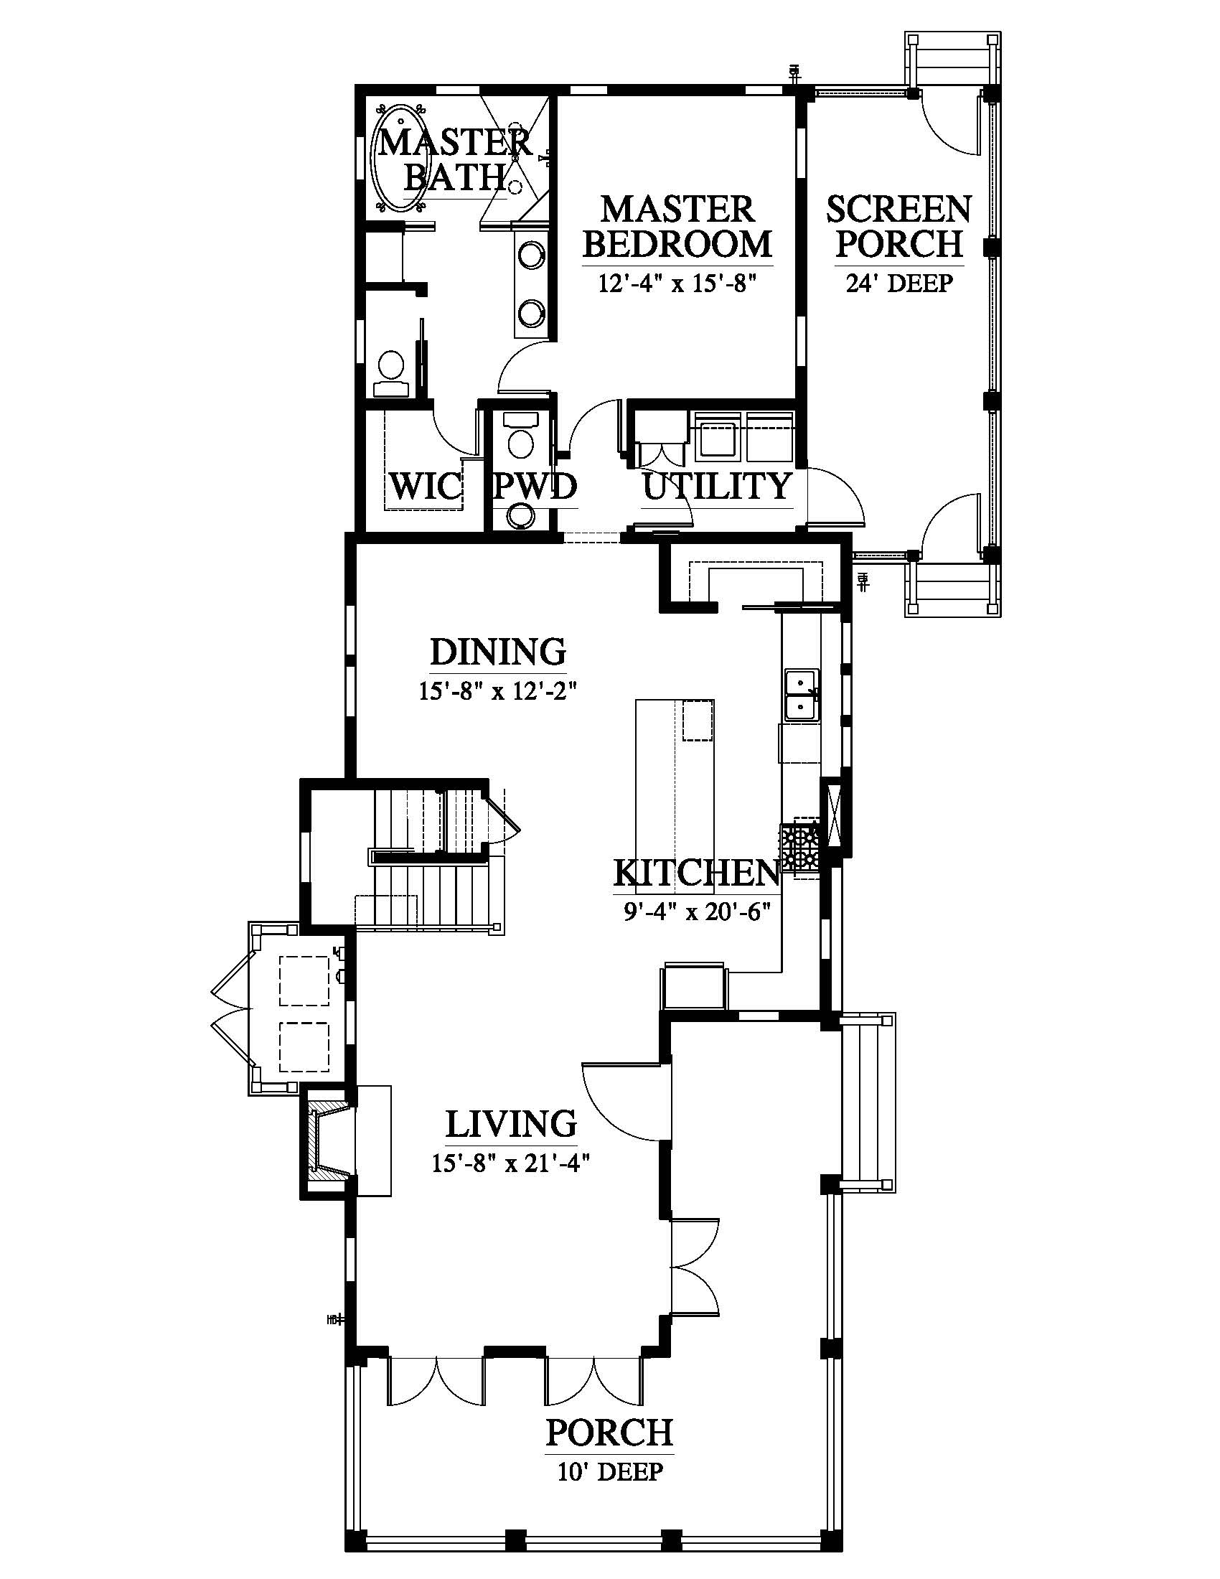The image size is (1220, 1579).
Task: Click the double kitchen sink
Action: tap(802, 695)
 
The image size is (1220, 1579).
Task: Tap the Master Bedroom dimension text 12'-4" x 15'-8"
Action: tap(677, 283)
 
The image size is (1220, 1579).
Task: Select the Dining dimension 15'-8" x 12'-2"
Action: tap(497, 692)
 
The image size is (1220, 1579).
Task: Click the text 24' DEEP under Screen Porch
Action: tap(899, 284)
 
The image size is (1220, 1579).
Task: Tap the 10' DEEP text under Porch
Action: tap(609, 1471)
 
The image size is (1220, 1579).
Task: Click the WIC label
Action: tap(424, 487)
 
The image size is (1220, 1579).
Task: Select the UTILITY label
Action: tap(716, 486)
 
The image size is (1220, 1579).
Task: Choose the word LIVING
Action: tap(511, 1124)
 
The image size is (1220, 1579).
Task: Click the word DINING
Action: tap(498, 652)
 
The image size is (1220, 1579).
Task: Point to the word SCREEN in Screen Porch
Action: tap(899, 210)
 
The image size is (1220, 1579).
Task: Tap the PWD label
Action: tap(535, 487)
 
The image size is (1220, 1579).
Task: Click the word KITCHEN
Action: tap(697, 873)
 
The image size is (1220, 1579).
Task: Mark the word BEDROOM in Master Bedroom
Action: tap(677, 243)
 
